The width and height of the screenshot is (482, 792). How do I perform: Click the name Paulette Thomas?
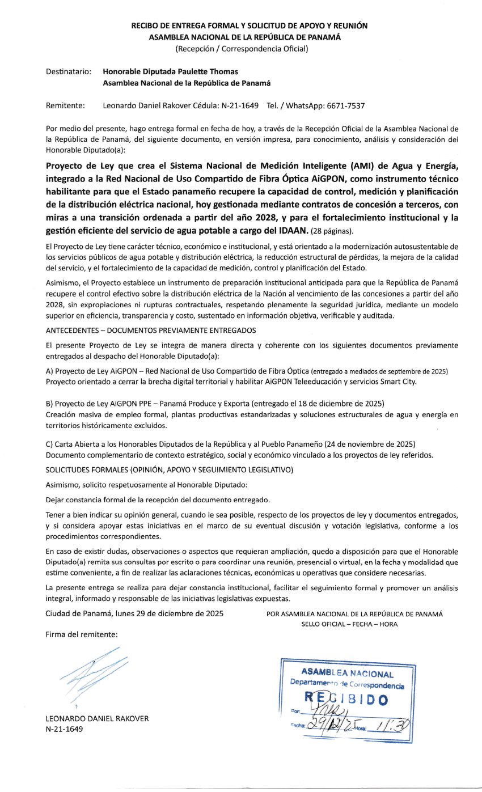coord(210,72)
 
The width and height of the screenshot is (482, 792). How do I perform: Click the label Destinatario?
coord(68,72)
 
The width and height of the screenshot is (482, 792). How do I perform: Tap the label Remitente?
coord(65,105)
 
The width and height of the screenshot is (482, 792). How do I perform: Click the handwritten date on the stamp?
coord(328,725)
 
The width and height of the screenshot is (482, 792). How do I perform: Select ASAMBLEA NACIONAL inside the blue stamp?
coord(347,674)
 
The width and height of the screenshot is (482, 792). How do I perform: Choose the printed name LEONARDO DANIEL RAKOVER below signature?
coord(97,718)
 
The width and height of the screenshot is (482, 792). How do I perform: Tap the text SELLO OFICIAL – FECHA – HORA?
coord(349,624)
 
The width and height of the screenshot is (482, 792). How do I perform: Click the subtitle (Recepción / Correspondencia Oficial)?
coord(242,49)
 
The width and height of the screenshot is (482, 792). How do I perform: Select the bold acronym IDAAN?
coord(290,230)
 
